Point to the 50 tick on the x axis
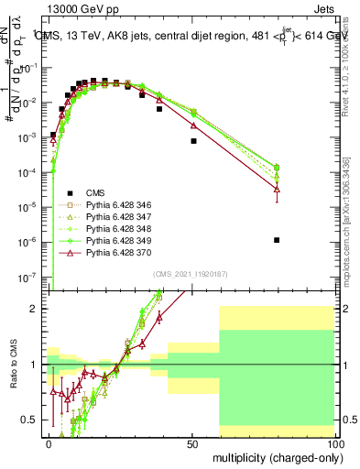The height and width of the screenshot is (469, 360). pyautogui.click(x=192, y=443)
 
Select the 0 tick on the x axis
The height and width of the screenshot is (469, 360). pyautogui.click(x=49, y=443)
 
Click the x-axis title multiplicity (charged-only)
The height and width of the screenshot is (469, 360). pyautogui.click(x=274, y=456)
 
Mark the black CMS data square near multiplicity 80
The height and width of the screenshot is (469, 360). pyautogui.click(x=277, y=240)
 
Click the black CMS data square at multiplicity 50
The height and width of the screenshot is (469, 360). pyautogui.click(x=193, y=141)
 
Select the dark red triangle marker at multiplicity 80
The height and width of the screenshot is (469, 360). pyautogui.click(x=277, y=189)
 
